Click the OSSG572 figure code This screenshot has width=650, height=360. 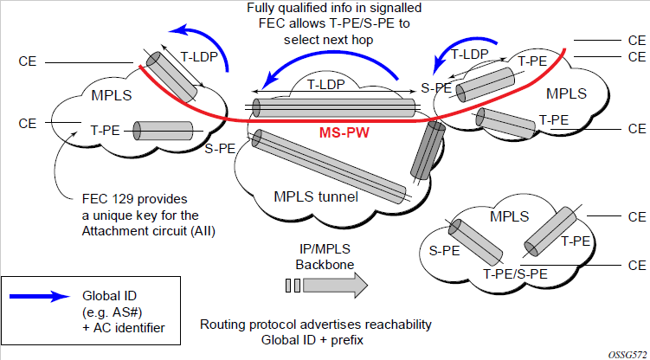coord(625,354)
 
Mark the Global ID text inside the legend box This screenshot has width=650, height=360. coord(108,296)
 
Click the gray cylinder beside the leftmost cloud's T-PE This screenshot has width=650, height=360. coord(164,132)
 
